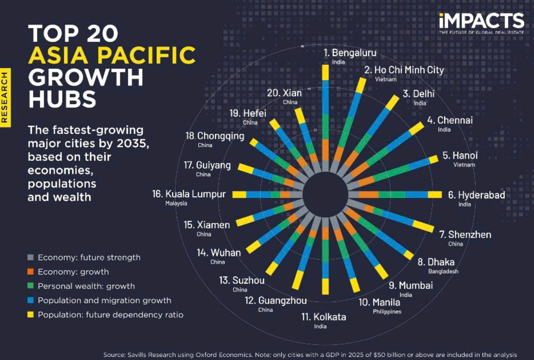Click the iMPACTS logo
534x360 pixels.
click(481, 21)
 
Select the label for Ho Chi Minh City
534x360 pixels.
click(404, 70)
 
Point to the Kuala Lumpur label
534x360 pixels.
click(189, 194)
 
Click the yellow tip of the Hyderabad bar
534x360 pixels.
click(435, 195)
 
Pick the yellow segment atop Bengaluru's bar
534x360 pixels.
click(325, 72)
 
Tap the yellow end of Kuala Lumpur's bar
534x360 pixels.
click(239, 195)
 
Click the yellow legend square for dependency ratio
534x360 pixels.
click(31, 314)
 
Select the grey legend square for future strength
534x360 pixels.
click(31, 257)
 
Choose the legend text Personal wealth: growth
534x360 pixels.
click(86, 286)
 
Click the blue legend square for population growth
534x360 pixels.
click(31, 300)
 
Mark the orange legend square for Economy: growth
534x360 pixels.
click(31, 272)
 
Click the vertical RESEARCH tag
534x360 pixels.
click(5, 96)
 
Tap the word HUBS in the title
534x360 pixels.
click(62, 99)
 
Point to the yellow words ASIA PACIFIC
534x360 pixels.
click(112, 56)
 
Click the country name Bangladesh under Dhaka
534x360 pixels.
click(443, 271)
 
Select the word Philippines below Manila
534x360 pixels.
click(387, 312)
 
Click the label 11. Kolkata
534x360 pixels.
click(324, 317)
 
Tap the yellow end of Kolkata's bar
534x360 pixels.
click(325, 286)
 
